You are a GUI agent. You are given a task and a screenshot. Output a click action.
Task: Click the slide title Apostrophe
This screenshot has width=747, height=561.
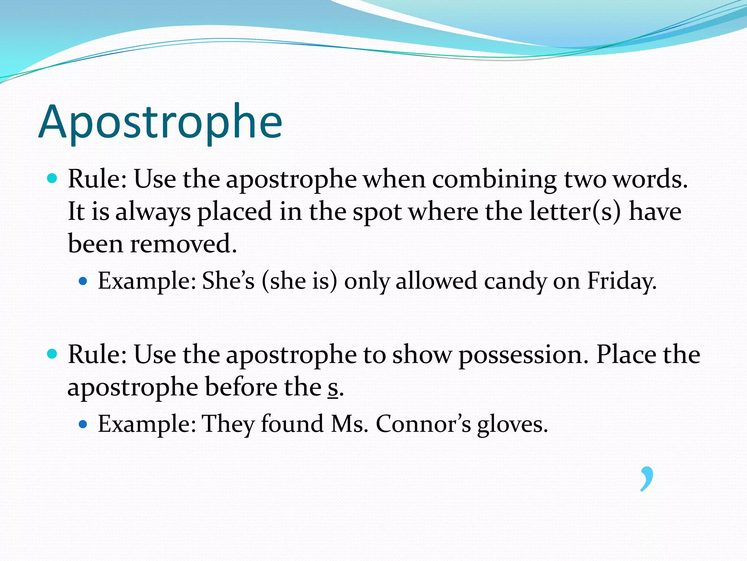160,122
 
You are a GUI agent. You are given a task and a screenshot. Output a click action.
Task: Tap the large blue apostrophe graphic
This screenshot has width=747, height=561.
647,478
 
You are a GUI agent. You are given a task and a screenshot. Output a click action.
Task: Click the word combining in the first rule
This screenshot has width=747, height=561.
494,180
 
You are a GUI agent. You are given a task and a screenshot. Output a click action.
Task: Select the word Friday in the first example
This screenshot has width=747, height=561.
621,281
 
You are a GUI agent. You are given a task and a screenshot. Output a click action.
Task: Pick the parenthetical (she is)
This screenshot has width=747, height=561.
299,281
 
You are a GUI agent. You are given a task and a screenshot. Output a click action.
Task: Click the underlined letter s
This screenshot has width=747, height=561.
333,388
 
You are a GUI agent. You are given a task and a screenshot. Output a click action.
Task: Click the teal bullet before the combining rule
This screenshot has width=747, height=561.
53,179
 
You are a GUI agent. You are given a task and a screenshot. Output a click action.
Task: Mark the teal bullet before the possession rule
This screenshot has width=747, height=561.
53,354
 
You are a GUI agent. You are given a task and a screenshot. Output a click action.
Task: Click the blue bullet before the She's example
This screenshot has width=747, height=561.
83,281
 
